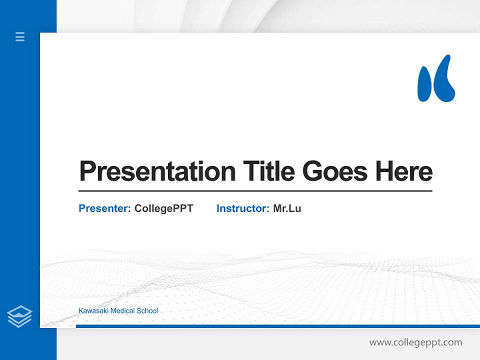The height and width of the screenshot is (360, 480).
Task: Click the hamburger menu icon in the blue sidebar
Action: pyautogui.click(x=20, y=36)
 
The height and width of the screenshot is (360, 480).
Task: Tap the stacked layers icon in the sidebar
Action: pyautogui.click(x=19, y=316)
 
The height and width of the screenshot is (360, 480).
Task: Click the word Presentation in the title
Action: pyautogui.click(x=157, y=171)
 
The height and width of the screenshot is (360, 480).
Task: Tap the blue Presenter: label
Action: pyautogui.click(x=104, y=208)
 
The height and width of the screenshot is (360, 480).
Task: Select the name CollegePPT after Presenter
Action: pyautogui.click(x=163, y=208)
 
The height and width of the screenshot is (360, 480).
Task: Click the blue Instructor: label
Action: pyautogui.click(x=242, y=208)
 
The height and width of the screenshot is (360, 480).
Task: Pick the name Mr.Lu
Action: pyautogui.click(x=287, y=208)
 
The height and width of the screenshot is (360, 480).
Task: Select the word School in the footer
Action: pyautogui.click(x=147, y=311)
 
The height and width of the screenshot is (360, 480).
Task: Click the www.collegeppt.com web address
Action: pyautogui.click(x=415, y=342)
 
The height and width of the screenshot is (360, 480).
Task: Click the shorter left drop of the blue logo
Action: pyautogui.click(x=424, y=85)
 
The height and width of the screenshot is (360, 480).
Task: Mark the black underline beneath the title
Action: pyautogui.click(x=255, y=191)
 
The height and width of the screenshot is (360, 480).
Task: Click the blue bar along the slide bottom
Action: pyautogui.click(x=275, y=326)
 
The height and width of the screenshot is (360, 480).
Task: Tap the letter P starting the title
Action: pyautogui.click(x=87, y=171)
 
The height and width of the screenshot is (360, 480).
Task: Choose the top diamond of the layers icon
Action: pyautogui.click(x=19, y=311)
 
